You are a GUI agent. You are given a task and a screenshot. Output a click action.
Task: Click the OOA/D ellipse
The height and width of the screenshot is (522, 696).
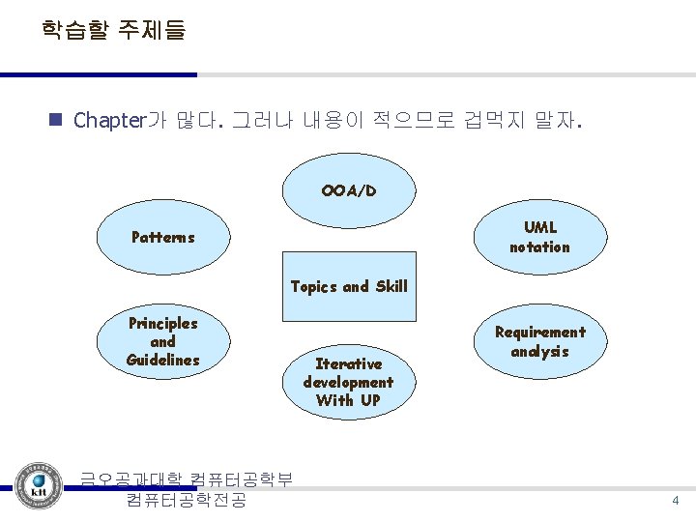click(x=348, y=190)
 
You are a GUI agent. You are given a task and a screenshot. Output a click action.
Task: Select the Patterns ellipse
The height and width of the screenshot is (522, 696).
click(x=163, y=237)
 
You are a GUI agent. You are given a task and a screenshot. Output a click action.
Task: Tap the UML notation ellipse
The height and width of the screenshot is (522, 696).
click(x=539, y=237)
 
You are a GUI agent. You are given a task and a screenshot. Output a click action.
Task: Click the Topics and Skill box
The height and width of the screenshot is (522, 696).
click(x=348, y=287)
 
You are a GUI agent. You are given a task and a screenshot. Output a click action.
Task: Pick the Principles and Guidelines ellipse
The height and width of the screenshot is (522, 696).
click(x=162, y=341)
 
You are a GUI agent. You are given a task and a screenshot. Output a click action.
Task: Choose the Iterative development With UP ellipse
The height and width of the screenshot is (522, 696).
click(x=348, y=381)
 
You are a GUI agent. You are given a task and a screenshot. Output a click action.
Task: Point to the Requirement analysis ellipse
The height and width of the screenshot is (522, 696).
click(x=539, y=341)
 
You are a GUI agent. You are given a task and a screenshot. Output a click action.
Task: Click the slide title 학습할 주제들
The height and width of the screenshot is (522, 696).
click(x=113, y=30)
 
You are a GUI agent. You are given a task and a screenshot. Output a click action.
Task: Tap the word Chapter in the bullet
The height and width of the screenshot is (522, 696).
click(x=108, y=121)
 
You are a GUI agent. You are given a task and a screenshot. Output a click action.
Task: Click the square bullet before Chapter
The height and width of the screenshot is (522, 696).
click(x=55, y=121)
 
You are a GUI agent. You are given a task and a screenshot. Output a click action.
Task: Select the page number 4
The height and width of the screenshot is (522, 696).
click(x=676, y=501)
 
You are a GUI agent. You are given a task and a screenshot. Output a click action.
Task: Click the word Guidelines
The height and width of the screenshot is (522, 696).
click(x=162, y=360)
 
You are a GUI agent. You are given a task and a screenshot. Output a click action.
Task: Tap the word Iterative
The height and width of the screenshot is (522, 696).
click(x=348, y=363)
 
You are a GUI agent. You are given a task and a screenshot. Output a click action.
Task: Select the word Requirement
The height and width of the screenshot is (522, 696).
click(x=539, y=333)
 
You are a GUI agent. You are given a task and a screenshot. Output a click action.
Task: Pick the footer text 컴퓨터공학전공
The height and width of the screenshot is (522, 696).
click(x=186, y=501)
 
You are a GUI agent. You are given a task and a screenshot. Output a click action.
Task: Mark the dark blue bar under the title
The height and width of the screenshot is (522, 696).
click(x=98, y=74)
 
